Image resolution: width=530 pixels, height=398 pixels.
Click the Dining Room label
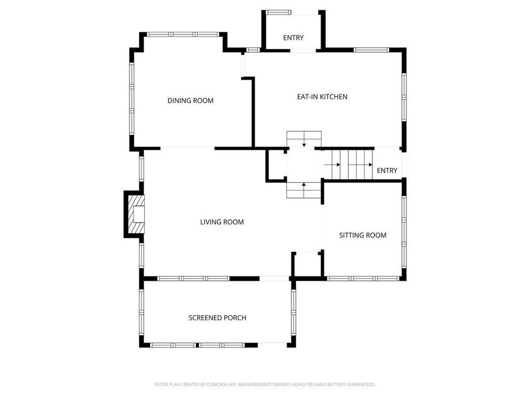coord(190,101)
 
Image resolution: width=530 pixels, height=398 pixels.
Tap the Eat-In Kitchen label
coord(322,97)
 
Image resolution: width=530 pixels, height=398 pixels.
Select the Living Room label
coord(222,222)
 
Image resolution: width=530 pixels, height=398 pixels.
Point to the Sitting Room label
coord(363,235)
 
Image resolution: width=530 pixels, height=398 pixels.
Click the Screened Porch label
coord(217,318)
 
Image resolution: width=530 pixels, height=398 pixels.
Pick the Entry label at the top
coord(293,37)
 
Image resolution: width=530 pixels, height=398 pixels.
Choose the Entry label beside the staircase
coord(387,170)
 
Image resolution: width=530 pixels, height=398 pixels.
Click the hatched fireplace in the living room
coord(136,214)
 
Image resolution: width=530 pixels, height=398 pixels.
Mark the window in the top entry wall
coord(278,12)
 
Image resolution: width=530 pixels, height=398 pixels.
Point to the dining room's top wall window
coord(183,34)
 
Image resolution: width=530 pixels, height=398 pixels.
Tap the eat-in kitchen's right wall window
coord(404,97)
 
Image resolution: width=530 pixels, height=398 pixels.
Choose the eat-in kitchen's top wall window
coord(372,50)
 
